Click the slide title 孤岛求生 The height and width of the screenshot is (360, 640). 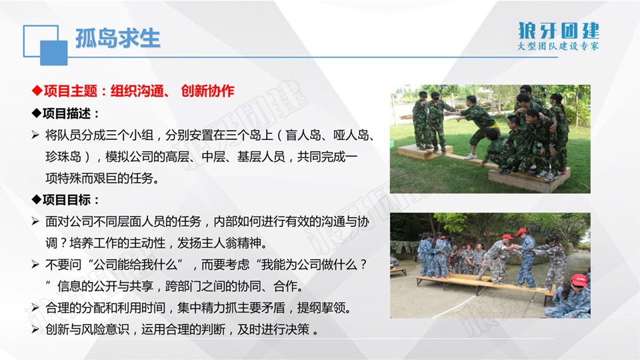[x=117, y=39]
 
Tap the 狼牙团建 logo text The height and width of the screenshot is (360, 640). [x=559, y=31]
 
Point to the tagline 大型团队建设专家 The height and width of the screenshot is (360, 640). [x=558, y=46]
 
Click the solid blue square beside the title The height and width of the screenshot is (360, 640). [x=53, y=53]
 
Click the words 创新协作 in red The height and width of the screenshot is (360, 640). [x=207, y=91]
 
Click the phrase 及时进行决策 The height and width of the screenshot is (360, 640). [x=273, y=329]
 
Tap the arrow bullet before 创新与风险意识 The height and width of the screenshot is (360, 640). [x=35, y=329]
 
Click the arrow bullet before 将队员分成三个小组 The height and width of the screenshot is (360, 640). [x=35, y=135]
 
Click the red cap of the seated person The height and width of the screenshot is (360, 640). [x=579, y=280]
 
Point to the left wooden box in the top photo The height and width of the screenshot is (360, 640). [x=425, y=152]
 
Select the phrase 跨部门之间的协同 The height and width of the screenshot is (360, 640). [x=213, y=286]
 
